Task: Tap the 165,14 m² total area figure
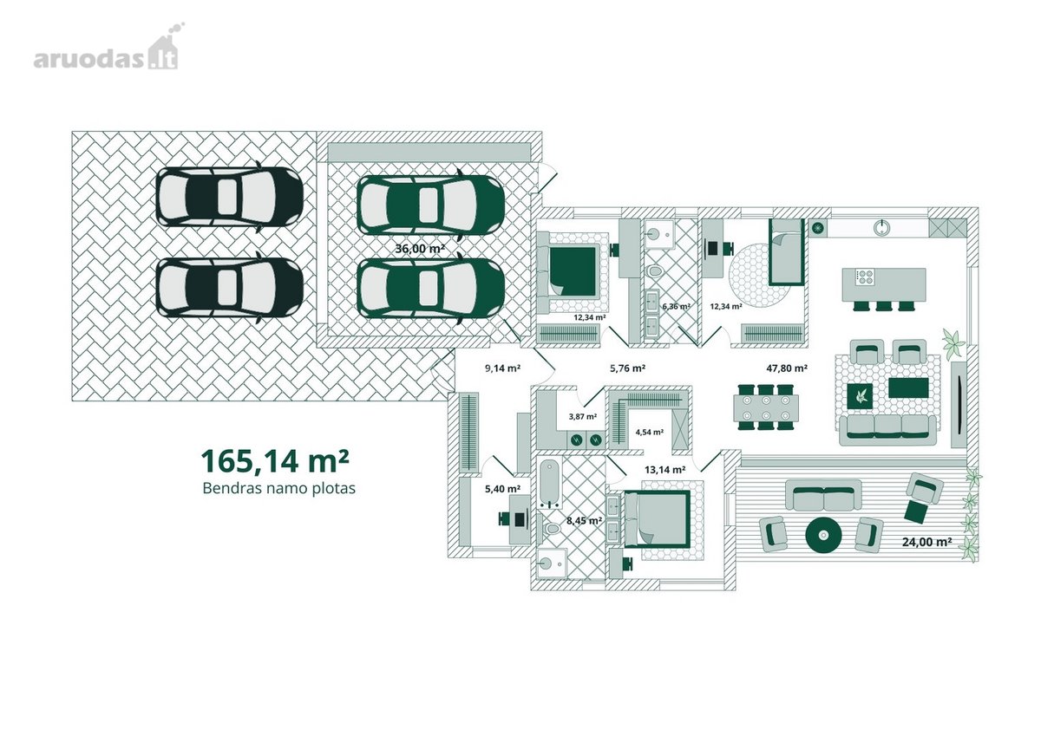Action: pos(275,460)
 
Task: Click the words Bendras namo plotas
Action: pos(278,489)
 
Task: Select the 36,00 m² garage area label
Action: pos(420,249)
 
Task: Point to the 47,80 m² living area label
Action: pos(787,368)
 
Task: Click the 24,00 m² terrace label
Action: pos(926,542)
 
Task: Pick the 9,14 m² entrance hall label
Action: pos(502,368)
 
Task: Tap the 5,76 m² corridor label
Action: pos(627,368)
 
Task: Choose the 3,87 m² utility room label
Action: pos(583,416)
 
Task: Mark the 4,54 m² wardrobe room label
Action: pos(649,432)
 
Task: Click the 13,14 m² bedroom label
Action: pos(665,470)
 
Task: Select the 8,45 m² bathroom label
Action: pos(584,520)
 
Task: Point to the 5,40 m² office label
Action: pos(502,489)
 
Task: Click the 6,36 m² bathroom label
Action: pos(676,307)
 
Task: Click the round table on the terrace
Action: pos(823,536)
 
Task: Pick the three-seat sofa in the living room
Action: pos(887,429)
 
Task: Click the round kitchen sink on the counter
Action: pos(881,227)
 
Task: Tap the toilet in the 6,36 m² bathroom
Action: pos(654,270)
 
